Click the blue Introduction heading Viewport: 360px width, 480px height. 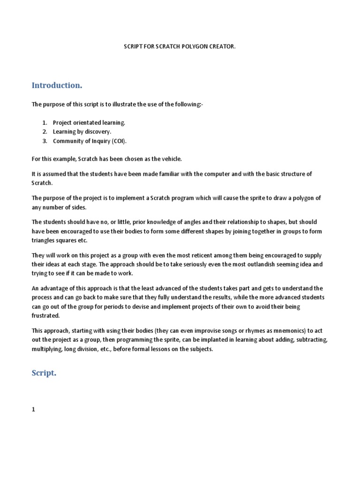[x=57, y=85]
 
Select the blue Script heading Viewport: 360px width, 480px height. [x=44, y=373]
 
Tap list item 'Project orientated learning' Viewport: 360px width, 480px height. [x=89, y=122]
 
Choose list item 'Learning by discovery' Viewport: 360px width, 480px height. [x=82, y=132]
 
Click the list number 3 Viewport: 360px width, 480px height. [x=45, y=141]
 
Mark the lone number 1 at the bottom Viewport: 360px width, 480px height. [x=33, y=409]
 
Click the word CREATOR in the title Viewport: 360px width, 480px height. [x=221, y=48]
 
